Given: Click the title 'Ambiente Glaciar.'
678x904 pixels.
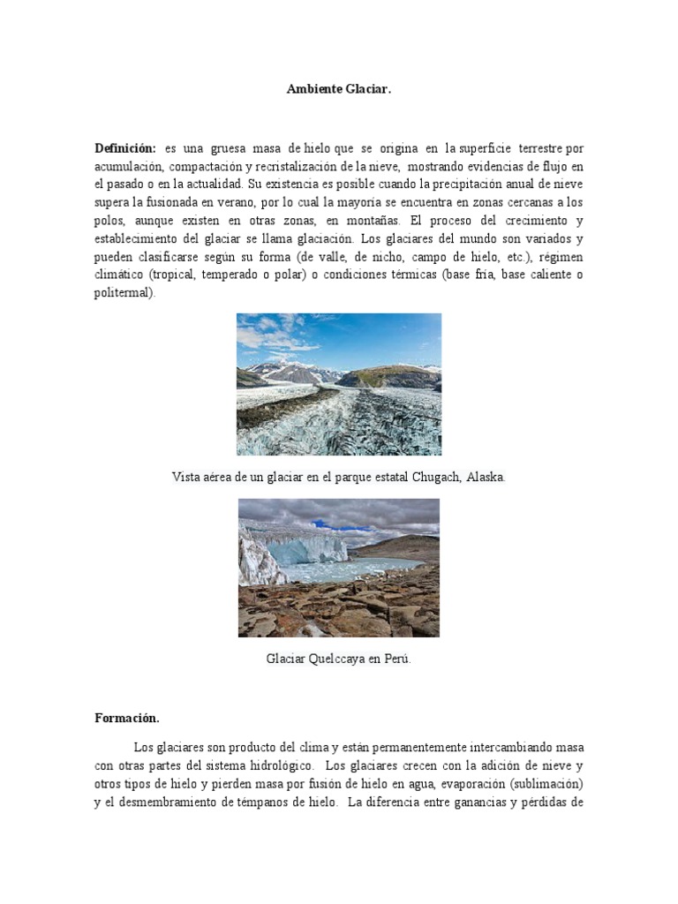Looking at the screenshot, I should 338,90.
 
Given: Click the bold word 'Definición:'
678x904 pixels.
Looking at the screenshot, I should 125,148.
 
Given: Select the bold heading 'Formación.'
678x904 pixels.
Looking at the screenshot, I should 127,719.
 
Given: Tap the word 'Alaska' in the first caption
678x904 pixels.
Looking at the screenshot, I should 486,477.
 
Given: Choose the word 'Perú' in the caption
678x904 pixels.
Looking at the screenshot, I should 397,659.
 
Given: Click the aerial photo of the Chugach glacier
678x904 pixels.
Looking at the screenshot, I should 339,384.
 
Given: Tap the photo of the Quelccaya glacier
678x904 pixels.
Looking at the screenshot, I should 339,568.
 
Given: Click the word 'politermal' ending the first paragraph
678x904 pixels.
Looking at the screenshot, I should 124,293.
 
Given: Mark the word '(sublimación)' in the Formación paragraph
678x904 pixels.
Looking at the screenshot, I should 546,784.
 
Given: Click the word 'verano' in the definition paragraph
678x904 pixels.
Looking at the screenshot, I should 221,203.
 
